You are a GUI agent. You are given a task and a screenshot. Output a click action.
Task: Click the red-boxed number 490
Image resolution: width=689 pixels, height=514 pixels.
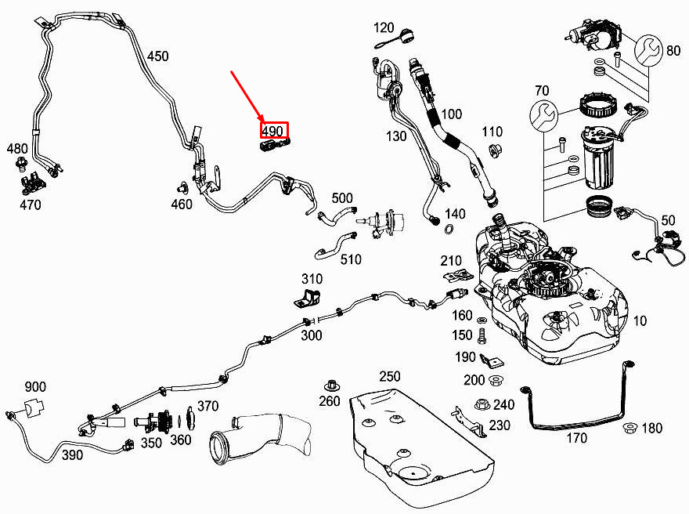click(x=272, y=131)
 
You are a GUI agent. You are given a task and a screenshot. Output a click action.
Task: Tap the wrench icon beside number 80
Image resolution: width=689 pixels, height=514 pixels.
click(x=648, y=49)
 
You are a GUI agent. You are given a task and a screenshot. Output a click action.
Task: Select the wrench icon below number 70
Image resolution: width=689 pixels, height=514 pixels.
click(x=544, y=115)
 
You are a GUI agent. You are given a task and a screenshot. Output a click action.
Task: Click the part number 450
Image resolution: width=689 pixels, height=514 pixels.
click(x=157, y=56)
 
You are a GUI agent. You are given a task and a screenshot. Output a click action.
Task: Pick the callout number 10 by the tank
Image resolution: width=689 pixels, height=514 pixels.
click(x=640, y=320)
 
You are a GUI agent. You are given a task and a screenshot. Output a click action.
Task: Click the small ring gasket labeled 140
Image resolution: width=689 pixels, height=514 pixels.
click(x=450, y=229)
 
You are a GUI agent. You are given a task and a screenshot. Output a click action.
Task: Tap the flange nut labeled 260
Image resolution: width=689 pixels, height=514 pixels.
click(x=330, y=386)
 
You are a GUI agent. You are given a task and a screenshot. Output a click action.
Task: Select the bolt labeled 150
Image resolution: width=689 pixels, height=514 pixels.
click(x=482, y=335)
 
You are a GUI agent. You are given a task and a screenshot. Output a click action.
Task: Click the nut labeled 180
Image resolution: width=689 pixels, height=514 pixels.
click(x=629, y=427)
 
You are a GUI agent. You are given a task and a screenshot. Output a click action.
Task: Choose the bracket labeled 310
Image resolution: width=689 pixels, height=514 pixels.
click(x=307, y=298)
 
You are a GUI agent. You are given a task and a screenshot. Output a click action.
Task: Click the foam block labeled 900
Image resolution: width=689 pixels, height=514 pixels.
click(x=34, y=407)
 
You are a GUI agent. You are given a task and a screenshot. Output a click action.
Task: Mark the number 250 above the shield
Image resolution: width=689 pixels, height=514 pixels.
click(x=389, y=377)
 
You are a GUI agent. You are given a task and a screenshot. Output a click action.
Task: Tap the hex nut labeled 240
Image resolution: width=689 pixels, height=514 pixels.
click(x=482, y=404)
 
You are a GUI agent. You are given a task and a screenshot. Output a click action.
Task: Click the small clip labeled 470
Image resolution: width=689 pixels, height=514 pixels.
click(x=33, y=185)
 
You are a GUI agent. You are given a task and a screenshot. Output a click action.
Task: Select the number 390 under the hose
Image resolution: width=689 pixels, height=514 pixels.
click(x=72, y=454)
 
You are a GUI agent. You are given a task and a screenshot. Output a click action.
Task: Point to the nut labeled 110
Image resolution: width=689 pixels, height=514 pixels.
click(x=495, y=150)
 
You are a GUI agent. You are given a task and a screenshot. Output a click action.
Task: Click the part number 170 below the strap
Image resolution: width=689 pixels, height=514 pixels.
click(x=576, y=438)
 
